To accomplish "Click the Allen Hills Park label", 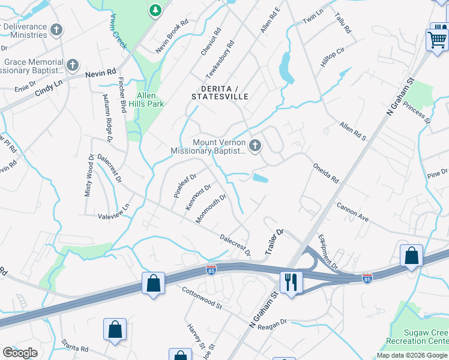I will (x=146, y=100).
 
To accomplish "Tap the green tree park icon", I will (x=155, y=10).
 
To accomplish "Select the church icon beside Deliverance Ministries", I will (x=56, y=29).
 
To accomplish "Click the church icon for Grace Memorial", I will (x=73, y=65).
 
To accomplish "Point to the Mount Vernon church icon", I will (x=256, y=145).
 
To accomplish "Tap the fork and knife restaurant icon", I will (x=291, y=281).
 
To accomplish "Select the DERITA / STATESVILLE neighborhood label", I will (x=220, y=92).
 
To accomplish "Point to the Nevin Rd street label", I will (x=100, y=73).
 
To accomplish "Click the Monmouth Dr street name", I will (x=211, y=208).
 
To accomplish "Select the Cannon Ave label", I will (x=352, y=212).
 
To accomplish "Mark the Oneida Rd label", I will (x=325, y=172).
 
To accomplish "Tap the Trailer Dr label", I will (x=274, y=240).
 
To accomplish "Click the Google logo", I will (x=20, y=353).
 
